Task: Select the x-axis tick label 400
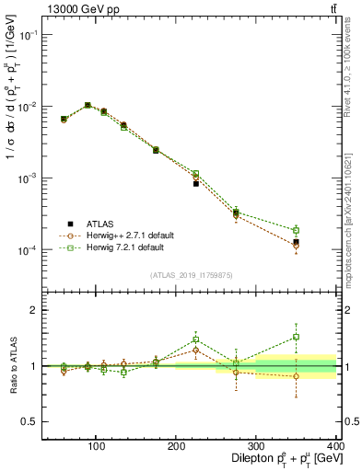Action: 334,447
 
